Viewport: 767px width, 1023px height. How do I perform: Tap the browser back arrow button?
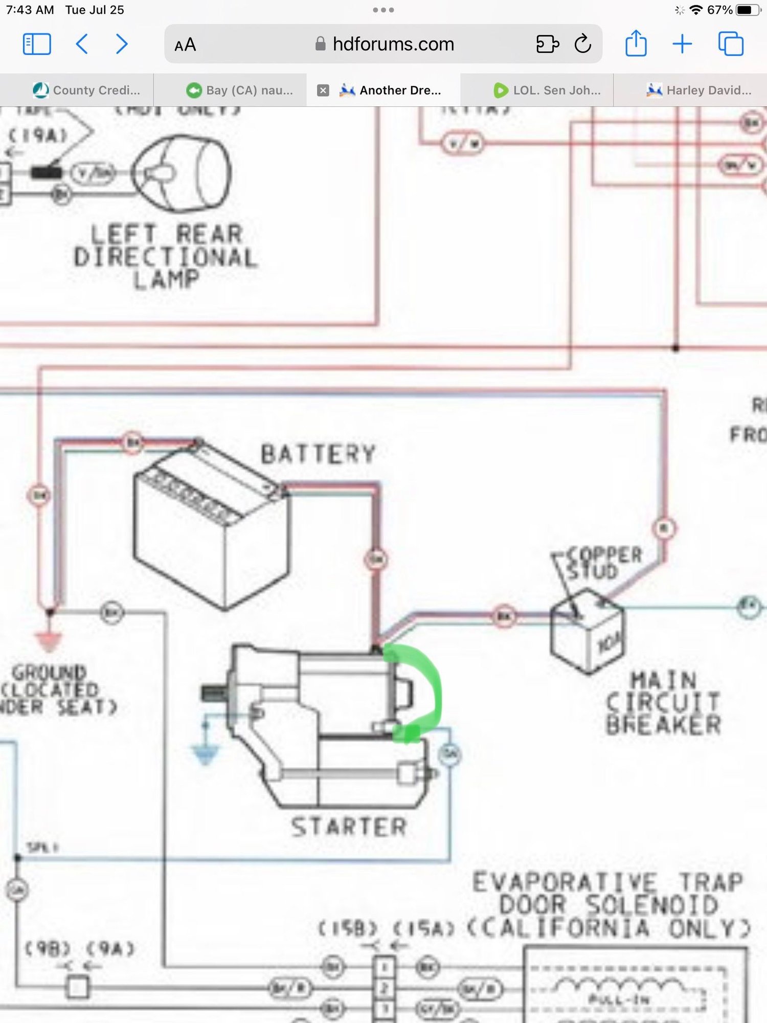click(82, 44)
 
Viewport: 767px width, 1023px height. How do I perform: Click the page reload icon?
click(582, 44)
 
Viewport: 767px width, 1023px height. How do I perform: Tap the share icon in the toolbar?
click(636, 43)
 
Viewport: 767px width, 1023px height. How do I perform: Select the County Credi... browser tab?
click(87, 91)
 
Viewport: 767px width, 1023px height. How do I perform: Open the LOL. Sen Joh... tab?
click(547, 91)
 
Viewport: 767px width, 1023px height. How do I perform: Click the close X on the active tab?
click(323, 91)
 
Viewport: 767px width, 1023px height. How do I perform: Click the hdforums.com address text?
click(393, 45)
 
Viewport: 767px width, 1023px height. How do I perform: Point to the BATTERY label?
click(318, 454)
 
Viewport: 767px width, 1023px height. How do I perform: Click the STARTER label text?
click(349, 827)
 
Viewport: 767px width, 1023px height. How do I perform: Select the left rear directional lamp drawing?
click(182, 174)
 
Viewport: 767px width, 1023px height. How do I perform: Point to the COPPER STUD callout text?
click(603, 563)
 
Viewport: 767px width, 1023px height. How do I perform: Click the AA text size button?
click(185, 45)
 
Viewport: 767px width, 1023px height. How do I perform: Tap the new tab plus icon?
click(682, 44)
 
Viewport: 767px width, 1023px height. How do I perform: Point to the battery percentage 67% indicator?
click(719, 10)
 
